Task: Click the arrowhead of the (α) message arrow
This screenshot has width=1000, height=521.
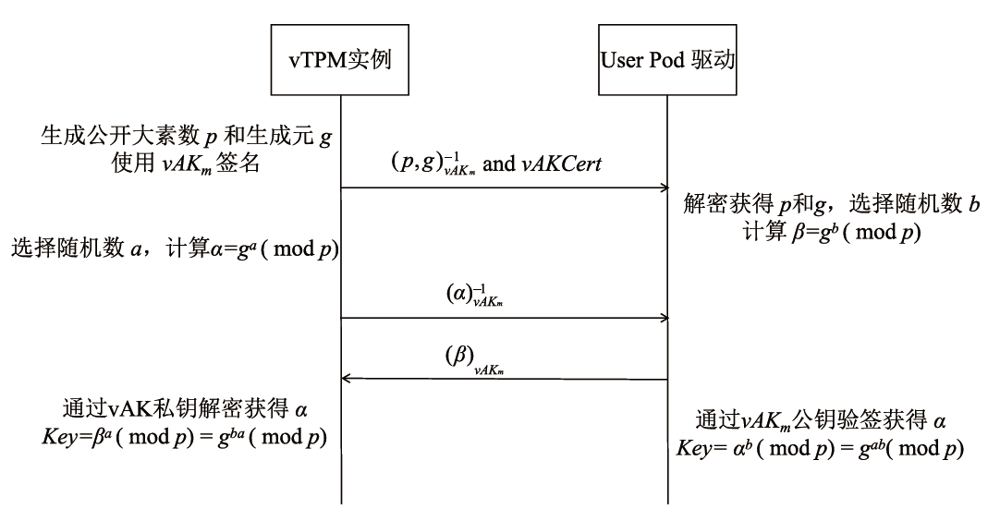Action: pos(663,319)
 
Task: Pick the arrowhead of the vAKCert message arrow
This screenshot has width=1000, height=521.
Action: pos(663,188)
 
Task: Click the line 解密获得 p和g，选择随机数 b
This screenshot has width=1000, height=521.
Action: pos(832,203)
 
